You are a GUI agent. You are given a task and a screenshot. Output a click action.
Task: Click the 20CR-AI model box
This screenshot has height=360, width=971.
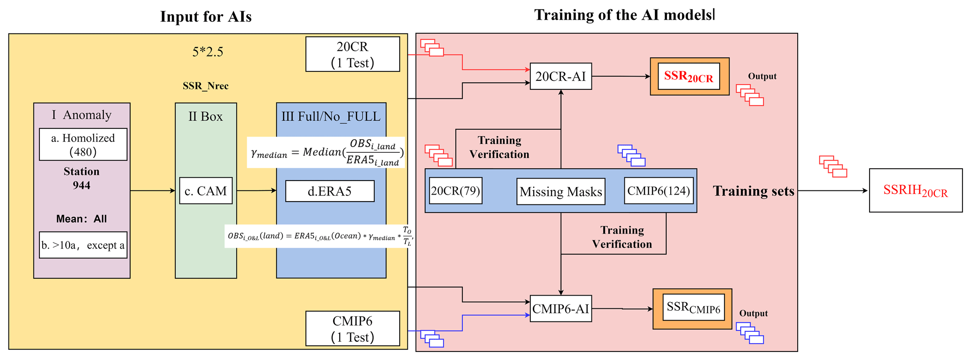[x=560, y=76]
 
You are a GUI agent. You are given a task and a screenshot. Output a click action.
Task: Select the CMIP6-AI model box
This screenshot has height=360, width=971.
[x=560, y=308]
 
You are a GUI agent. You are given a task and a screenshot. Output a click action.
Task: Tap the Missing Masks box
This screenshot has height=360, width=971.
[x=560, y=191]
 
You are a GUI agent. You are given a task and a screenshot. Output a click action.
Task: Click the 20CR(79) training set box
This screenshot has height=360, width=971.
[x=456, y=191]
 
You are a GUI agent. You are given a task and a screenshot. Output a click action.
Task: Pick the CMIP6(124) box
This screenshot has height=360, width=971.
[x=659, y=191]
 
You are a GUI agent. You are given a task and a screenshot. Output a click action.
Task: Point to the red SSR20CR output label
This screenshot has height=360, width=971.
[x=689, y=77]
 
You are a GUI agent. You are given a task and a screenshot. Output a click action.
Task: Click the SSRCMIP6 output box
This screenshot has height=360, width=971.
[x=693, y=308]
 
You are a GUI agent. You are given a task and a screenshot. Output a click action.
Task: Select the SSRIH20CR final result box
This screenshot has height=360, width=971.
[x=916, y=190]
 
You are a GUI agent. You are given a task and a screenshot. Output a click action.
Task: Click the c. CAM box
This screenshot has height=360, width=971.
[x=206, y=191]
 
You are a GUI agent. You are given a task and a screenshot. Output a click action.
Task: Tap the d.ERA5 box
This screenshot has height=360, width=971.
[x=330, y=191]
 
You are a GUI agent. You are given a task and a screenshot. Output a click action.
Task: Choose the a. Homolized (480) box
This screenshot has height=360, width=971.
[x=83, y=144]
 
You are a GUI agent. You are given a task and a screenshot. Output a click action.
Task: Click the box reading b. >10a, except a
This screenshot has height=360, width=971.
[x=83, y=245]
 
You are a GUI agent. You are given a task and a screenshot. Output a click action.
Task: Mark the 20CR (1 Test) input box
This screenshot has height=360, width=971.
[x=352, y=55]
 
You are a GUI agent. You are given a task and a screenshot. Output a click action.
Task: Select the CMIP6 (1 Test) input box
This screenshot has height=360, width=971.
[x=352, y=329]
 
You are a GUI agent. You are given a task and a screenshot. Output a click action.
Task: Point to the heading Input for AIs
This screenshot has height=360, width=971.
[x=206, y=16]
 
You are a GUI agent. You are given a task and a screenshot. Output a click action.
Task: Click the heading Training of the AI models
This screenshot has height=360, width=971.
[x=623, y=15]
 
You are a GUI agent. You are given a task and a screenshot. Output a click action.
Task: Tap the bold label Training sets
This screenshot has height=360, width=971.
[x=753, y=191]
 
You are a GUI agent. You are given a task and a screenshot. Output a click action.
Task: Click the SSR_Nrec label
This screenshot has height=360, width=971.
[x=206, y=86]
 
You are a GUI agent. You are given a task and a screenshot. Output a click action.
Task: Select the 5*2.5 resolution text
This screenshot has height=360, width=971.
[x=208, y=52]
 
